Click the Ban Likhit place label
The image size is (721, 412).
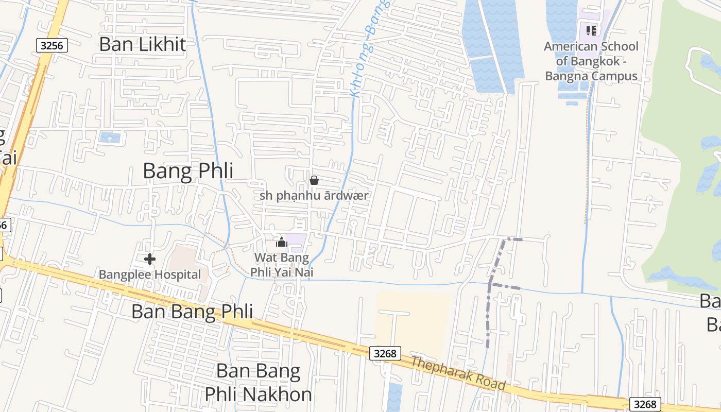click(x=142, y=44)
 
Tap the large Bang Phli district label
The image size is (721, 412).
click(x=187, y=171)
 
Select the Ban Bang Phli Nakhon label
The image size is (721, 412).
click(x=258, y=382)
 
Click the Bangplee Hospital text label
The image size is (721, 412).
click(x=150, y=274)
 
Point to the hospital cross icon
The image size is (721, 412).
click(x=150, y=259)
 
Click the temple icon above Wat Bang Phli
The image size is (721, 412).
click(x=281, y=242)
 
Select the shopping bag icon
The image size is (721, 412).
click(x=314, y=180)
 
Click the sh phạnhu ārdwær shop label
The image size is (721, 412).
click(x=315, y=196)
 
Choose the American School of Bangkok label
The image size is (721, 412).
click(x=591, y=61)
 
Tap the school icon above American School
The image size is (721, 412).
click(x=591, y=30)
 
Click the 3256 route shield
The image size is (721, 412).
click(x=52, y=45)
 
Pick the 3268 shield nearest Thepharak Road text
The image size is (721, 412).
click(x=385, y=353)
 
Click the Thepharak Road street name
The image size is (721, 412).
click(x=458, y=373)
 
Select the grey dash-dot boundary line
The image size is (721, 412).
click(x=489, y=314)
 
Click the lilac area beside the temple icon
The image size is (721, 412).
click(x=296, y=242)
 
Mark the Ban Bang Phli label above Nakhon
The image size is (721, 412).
click(x=192, y=312)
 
